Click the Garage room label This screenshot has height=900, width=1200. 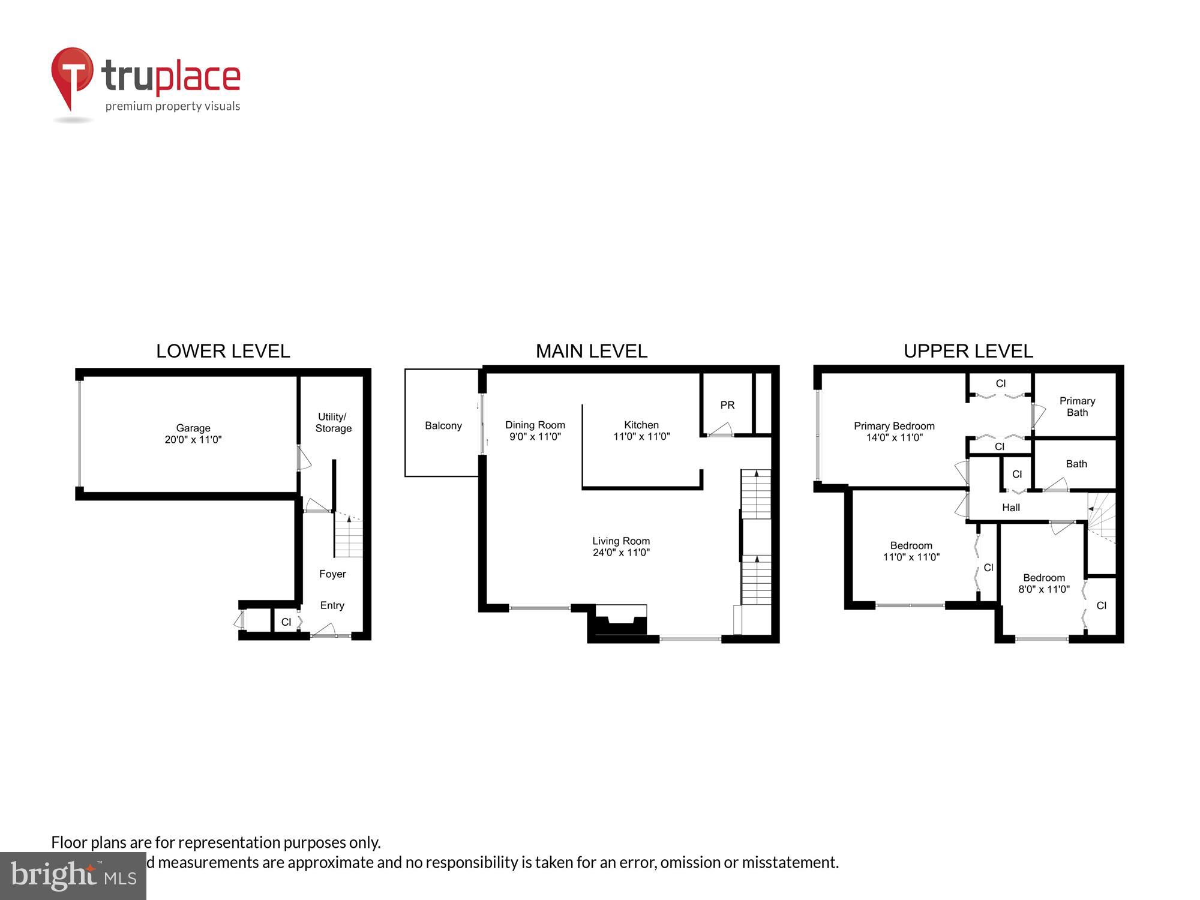[193, 428]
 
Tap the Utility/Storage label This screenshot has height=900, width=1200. [334, 422]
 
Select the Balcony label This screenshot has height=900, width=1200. [443, 425]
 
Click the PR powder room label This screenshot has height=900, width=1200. [727, 405]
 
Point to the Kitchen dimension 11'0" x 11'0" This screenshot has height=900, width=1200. [641, 437]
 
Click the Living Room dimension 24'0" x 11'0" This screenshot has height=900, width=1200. [621, 553]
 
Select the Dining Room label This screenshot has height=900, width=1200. [535, 425]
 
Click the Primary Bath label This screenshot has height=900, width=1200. [1077, 406]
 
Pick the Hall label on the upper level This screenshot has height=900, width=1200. [1010, 508]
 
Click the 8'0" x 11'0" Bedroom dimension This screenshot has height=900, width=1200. [1043, 589]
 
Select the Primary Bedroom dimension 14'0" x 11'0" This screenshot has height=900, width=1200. [894, 437]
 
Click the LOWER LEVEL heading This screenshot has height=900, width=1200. [223, 351]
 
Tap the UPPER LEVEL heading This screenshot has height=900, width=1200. [968, 351]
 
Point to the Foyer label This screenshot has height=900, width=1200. [332, 574]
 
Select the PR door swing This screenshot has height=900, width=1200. [720, 430]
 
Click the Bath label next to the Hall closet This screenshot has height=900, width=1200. [1076, 464]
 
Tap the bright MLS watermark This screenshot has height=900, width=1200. [73, 876]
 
